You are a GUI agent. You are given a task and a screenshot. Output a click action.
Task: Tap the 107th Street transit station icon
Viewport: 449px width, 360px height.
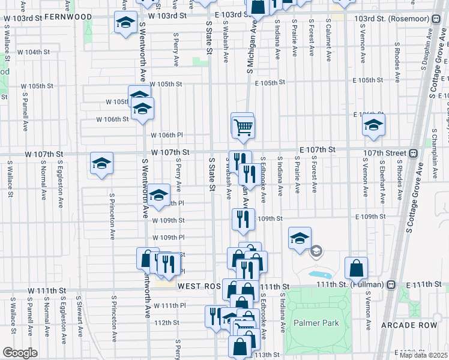point(413,153)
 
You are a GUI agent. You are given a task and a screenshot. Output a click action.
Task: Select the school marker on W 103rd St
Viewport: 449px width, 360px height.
point(125,23)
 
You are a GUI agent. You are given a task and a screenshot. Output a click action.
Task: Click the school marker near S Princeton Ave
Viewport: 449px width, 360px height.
point(101,163)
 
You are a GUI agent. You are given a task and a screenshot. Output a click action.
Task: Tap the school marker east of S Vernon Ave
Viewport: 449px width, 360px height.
point(373,126)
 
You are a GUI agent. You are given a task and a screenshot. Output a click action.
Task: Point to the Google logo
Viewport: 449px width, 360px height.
point(20,353)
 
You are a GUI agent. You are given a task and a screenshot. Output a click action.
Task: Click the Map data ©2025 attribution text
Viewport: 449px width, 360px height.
point(423,355)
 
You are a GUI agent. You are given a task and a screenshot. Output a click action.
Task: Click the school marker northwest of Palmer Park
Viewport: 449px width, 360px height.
point(299,238)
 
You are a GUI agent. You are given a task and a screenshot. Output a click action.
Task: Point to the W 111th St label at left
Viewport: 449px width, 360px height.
point(45,290)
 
